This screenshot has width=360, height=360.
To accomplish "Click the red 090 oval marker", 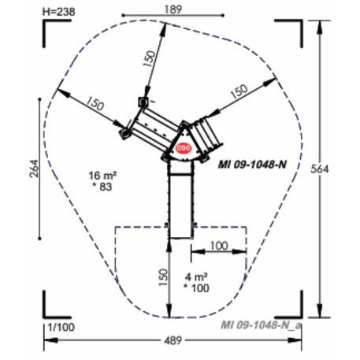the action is [184, 148].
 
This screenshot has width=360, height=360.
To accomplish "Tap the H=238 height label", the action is [58, 12].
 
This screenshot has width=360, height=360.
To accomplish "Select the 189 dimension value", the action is [173, 9].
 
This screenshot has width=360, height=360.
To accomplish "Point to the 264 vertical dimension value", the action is [34, 169].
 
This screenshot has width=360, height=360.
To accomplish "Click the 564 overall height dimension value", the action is [319, 169].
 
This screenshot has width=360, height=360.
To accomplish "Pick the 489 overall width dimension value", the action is [173, 340].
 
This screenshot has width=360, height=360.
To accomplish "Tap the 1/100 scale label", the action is [61, 327].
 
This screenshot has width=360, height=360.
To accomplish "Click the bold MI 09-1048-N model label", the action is [252, 165].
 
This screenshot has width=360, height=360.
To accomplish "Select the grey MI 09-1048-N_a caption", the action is [261, 325].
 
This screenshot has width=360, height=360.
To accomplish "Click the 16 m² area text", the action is [102, 175].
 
